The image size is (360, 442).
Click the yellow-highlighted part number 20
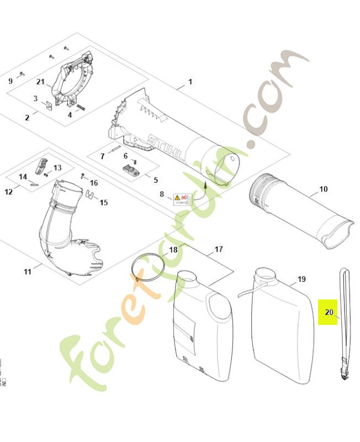click(x=329, y=312)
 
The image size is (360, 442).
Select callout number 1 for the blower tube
click(x=190, y=82)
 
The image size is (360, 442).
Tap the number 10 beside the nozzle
click(x=324, y=189)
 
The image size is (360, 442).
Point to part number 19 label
click(x=301, y=279)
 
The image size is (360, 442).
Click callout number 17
click(x=219, y=249)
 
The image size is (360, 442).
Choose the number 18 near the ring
click(x=173, y=250)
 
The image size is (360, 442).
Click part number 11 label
click(x=28, y=271)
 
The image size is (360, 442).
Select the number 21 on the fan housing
click(x=40, y=82)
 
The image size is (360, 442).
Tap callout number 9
click(x=10, y=81)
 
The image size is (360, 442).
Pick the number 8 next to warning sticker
click(x=162, y=194)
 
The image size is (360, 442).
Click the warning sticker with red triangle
click(x=183, y=198)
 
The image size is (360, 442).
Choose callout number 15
click(x=104, y=202)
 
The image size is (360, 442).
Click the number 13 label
click(x=57, y=167)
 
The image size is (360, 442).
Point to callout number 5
click(x=155, y=180)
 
